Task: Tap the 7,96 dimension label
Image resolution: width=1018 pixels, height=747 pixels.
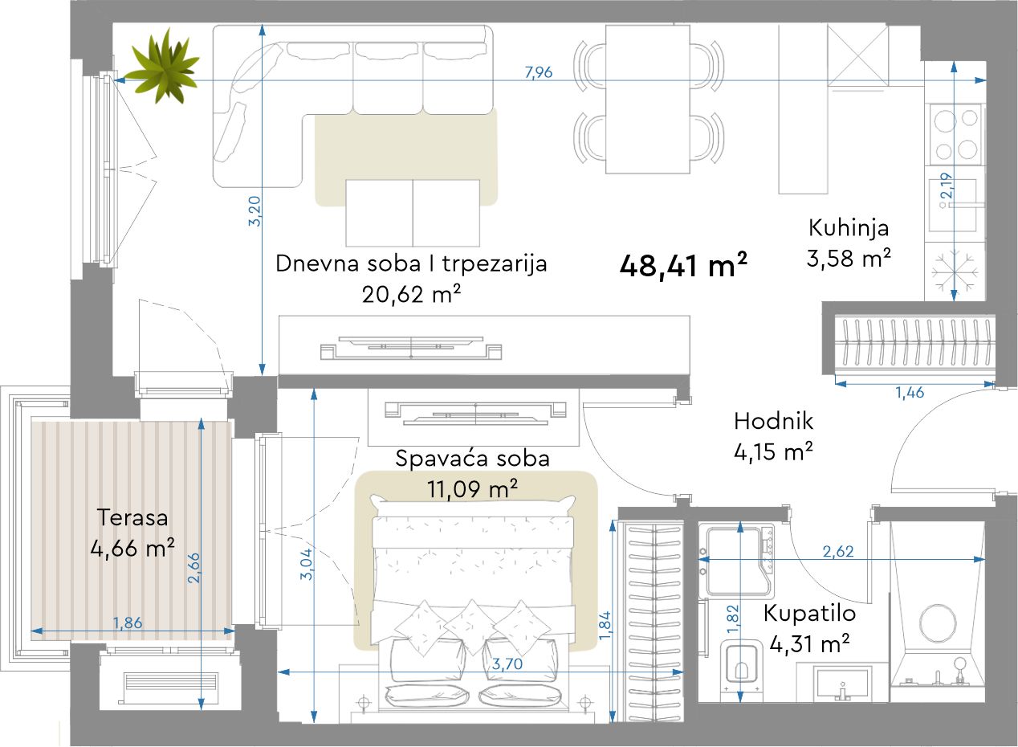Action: (539, 72)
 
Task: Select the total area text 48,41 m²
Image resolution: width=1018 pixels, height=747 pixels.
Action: (683, 266)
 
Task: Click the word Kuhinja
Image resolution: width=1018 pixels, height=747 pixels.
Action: (849, 228)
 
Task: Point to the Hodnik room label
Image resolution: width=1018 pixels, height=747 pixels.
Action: (773, 421)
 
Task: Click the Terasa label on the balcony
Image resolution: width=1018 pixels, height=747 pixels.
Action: (132, 518)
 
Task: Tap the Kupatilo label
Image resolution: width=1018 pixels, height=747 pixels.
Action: (809, 613)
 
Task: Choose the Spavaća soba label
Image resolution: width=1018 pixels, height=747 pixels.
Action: (472, 459)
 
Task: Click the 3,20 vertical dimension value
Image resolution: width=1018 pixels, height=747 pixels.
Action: (255, 211)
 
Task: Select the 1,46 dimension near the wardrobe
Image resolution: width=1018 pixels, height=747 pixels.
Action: (910, 392)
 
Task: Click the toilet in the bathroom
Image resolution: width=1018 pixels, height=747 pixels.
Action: (741, 667)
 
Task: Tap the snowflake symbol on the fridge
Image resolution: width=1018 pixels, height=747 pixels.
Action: (955, 272)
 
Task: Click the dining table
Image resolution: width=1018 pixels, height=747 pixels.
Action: (648, 100)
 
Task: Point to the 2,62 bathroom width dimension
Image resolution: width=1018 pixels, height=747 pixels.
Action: (838, 552)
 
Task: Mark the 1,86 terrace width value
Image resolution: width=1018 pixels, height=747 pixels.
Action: (128, 622)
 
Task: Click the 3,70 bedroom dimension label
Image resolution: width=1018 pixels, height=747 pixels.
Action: (507, 663)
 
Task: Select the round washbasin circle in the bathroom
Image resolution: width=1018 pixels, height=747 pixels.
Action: (938, 622)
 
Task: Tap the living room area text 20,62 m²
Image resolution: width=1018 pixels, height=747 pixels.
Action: (411, 295)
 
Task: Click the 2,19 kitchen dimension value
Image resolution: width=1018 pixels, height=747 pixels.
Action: (947, 186)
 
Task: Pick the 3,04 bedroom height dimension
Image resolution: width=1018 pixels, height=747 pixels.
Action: (307, 564)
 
